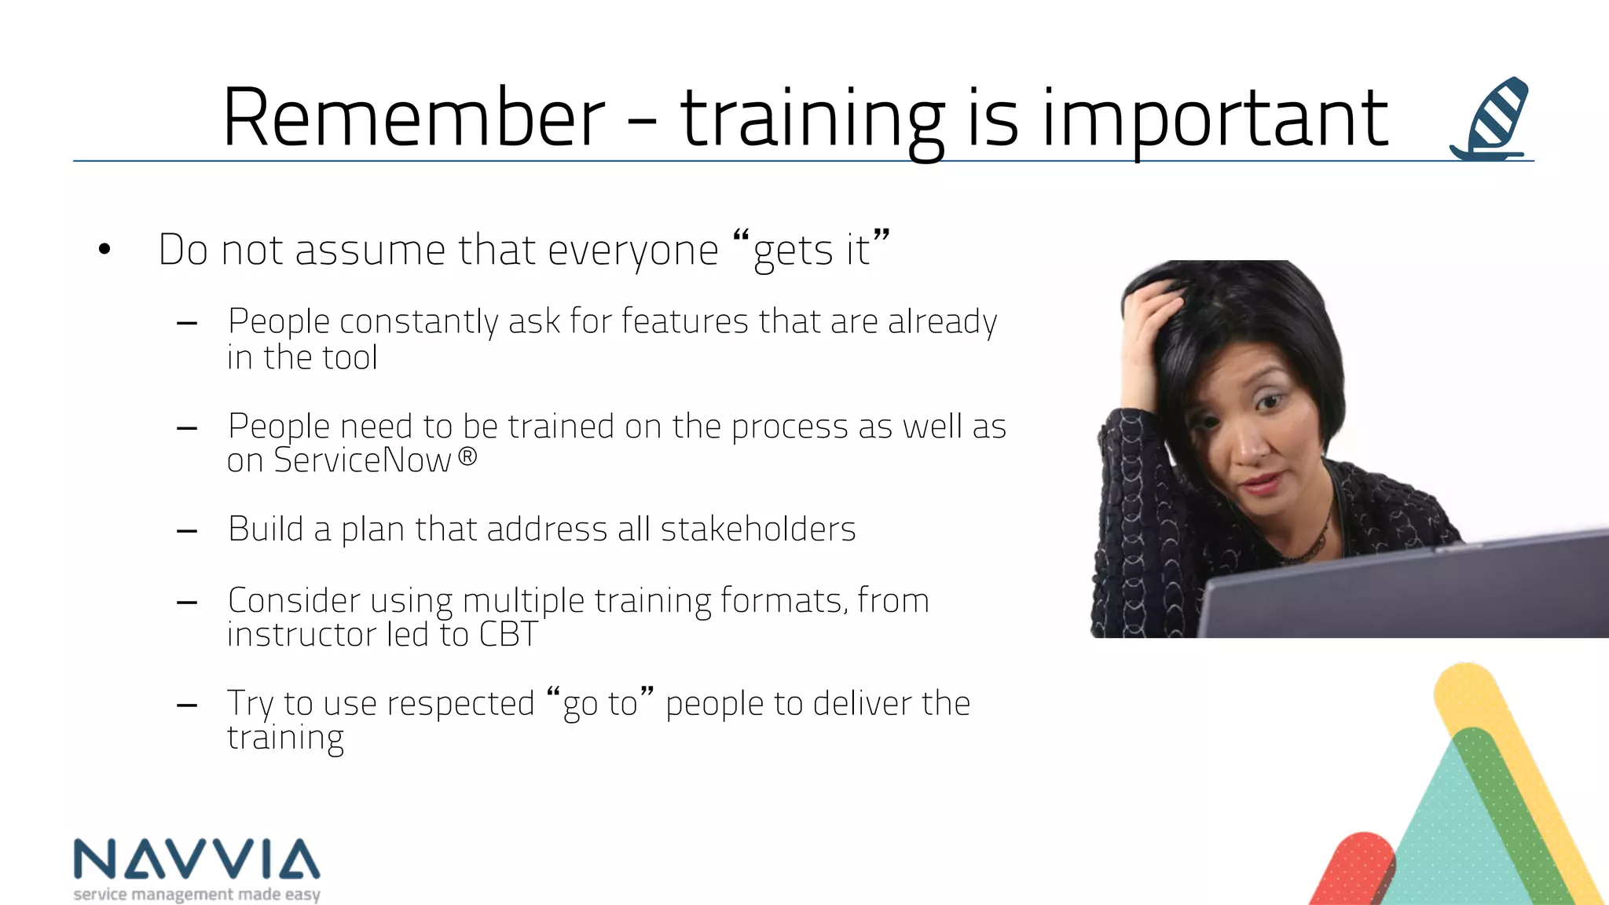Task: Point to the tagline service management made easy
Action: tap(196, 894)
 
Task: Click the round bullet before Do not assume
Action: tap(104, 251)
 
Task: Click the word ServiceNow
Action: tap(362, 460)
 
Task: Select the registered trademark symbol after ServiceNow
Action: tap(467, 456)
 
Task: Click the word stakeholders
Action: tap(757, 529)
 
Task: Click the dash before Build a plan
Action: tap(187, 532)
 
